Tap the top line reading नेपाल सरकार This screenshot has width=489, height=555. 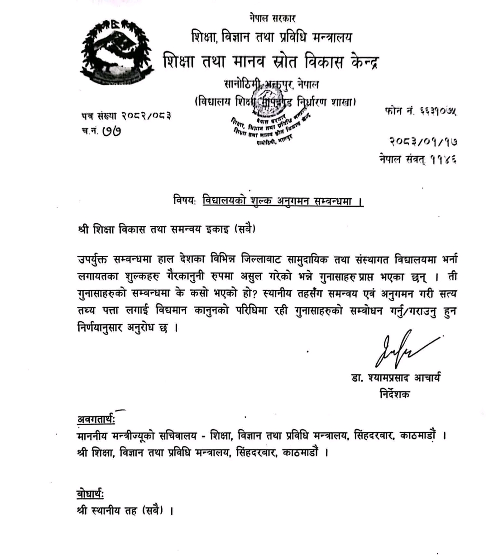[272, 18]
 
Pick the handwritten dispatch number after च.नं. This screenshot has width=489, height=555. [111, 132]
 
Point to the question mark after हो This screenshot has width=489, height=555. [255, 294]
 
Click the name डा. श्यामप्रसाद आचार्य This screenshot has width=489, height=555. [396, 378]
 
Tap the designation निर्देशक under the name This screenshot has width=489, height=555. [395, 394]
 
